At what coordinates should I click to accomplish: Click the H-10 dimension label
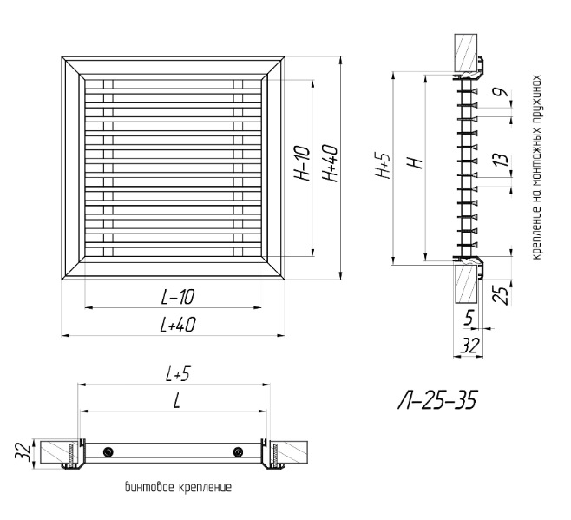pos(304,163)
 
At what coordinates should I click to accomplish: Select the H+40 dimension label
pos(331,163)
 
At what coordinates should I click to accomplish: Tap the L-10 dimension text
pos(178,297)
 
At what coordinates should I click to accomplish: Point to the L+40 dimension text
pos(178,325)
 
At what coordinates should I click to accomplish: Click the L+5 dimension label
pos(178,374)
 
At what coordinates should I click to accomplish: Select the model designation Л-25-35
pos(437,400)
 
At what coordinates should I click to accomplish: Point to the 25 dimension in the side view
pos(501,295)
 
